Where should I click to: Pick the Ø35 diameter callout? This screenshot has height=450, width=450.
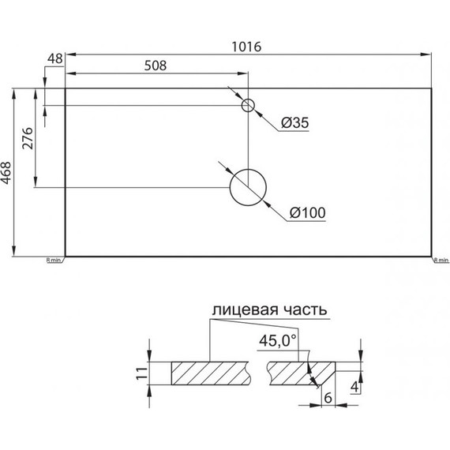click(x=294, y=122)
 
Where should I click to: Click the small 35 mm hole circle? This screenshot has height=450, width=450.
click(x=249, y=105)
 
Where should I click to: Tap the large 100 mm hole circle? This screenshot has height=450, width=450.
click(x=249, y=187)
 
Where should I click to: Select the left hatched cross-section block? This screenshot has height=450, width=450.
click(x=209, y=373)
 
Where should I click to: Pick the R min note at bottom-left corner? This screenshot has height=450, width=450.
click(x=54, y=260)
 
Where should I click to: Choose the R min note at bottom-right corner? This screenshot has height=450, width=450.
click(x=440, y=260)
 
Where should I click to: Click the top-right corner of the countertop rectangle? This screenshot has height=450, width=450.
click(x=432, y=88)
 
